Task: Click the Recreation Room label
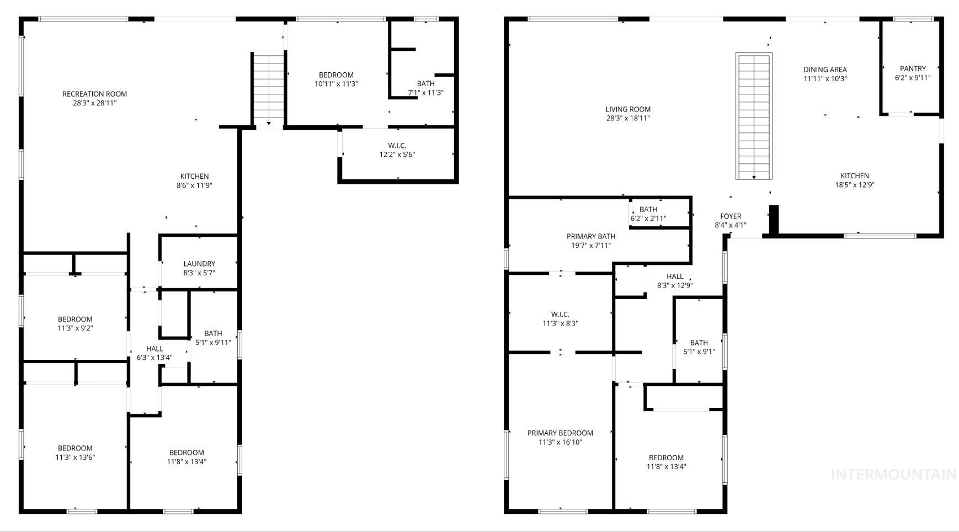point(94,94)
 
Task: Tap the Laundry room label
point(199,264)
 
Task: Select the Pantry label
point(913,69)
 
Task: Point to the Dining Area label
point(825,70)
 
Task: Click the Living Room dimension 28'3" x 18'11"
point(628,118)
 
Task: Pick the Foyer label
point(731,216)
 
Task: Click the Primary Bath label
point(590,237)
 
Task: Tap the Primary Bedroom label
point(560,433)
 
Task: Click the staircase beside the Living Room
point(754,116)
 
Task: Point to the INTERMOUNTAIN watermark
point(893,474)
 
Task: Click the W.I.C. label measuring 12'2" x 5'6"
point(397,146)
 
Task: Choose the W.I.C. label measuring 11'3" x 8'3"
point(560,315)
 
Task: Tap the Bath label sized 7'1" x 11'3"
point(425,84)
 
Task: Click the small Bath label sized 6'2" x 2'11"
point(648,210)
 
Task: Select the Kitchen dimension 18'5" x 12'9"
point(855,185)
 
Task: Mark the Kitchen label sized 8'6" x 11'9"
point(194,177)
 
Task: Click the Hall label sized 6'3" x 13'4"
point(154,349)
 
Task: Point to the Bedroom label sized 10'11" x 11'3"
point(336,75)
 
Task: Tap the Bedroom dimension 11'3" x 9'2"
point(75,328)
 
